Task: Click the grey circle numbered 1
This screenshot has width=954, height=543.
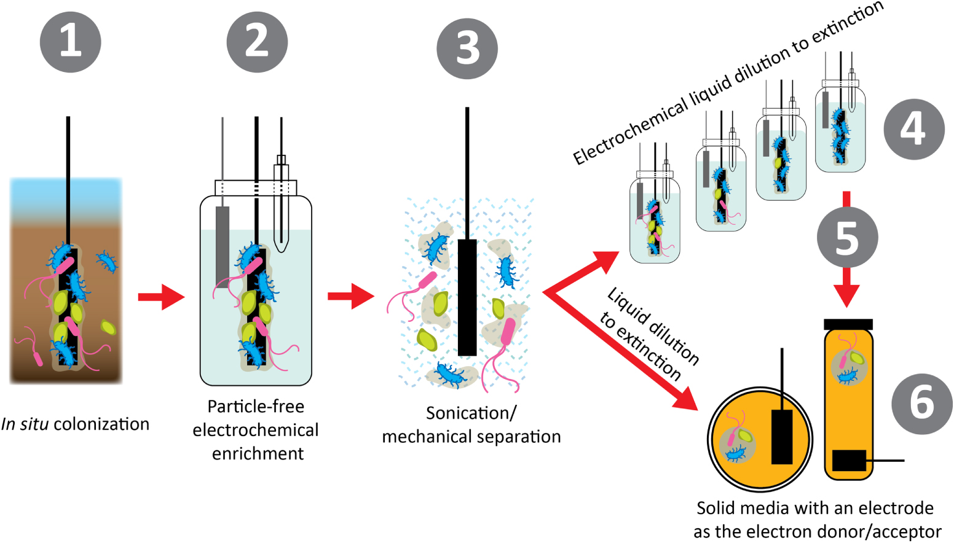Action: click(70, 42)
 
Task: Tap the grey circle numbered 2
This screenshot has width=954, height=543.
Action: click(257, 42)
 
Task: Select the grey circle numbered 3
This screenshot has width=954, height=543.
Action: click(467, 49)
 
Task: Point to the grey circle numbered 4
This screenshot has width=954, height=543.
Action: click(913, 130)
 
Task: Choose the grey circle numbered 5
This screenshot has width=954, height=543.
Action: click(847, 237)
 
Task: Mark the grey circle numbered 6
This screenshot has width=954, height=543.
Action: click(921, 404)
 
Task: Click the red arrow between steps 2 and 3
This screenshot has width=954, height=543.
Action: click(350, 297)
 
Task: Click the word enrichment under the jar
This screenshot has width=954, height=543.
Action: click(258, 453)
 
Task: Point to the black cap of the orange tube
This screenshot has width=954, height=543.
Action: click(848, 324)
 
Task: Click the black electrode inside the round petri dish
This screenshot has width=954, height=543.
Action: click(782, 436)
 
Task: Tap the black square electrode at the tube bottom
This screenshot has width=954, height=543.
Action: click(849, 460)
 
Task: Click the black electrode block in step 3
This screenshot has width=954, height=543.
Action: click(467, 297)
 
